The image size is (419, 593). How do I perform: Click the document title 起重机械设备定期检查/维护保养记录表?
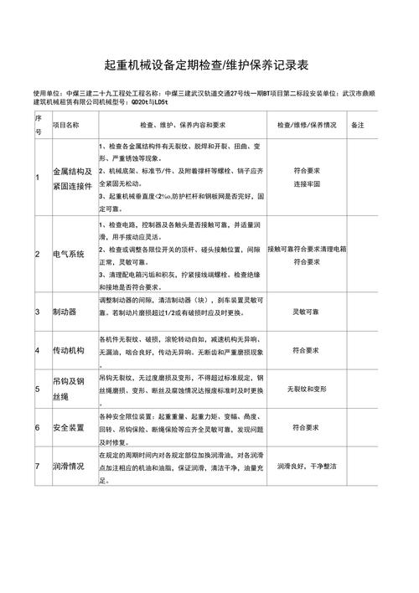point(209,64)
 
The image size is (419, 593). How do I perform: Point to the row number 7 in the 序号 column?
point(37,467)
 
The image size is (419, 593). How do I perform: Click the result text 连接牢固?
point(307,184)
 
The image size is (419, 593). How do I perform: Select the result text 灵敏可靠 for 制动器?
point(307,311)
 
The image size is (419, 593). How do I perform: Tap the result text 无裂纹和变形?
point(307,389)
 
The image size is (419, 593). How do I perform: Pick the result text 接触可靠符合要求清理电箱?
point(307,249)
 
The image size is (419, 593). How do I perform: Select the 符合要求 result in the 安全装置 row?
point(307,427)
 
